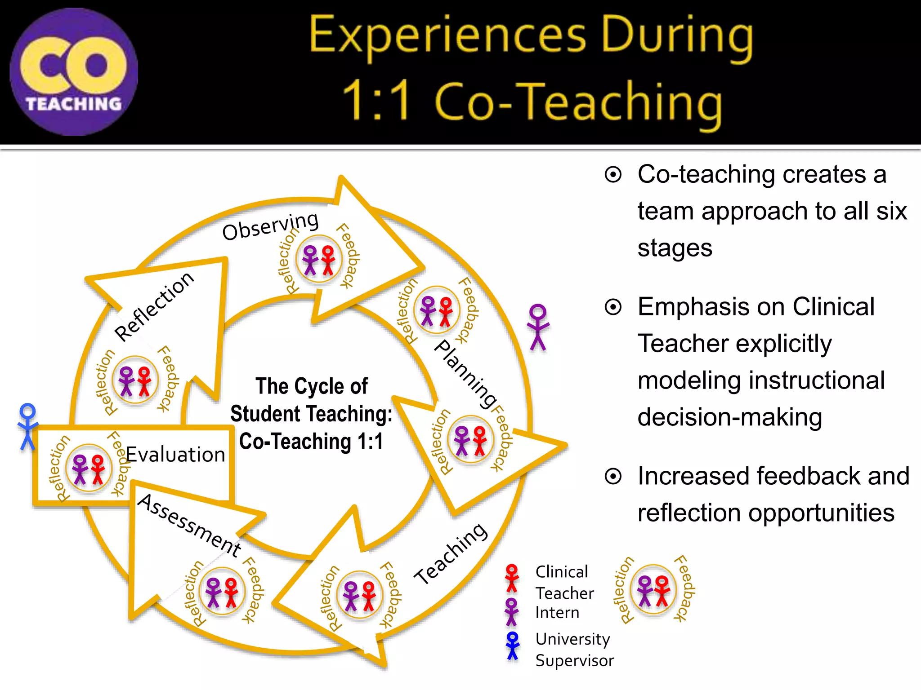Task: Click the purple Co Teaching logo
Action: (x=74, y=72)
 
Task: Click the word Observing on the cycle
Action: (x=270, y=226)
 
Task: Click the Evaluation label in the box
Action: (x=175, y=455)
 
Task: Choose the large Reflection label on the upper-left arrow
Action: (x=154, y=306)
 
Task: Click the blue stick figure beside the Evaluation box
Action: (x=27, y=427)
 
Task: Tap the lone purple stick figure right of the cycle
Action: (x=538, y=327)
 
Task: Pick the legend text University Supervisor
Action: (x=574, y=650)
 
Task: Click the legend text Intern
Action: (x=557, y=613)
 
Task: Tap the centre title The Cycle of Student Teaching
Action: (x=311, y=413)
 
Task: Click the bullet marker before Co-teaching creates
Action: (x=613, y=174)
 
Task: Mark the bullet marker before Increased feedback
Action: (x=613, y=476)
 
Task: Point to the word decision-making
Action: (x=729, y=417)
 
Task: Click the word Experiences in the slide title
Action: (x=448, y=36)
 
